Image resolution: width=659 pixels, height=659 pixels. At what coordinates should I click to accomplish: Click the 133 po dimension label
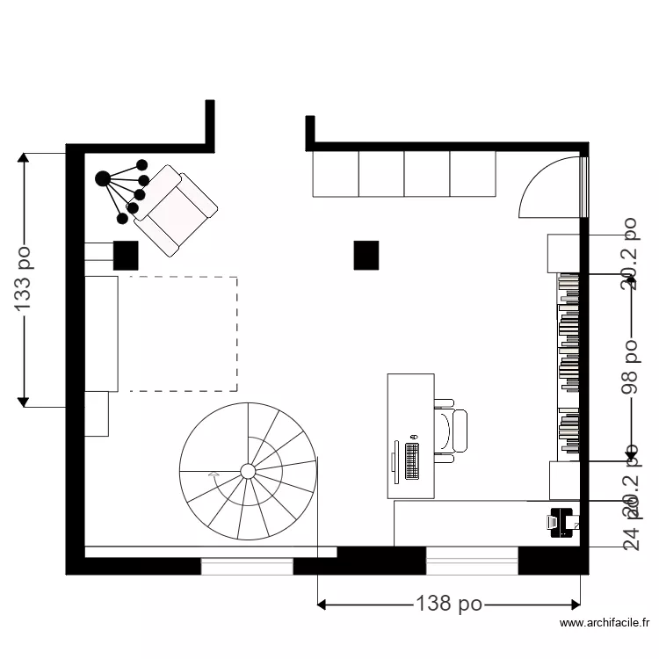pos(25,279)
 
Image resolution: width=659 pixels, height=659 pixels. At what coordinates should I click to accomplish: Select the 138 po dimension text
pos(448,604)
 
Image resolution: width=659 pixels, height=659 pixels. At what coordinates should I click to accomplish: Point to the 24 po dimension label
pos(631,532)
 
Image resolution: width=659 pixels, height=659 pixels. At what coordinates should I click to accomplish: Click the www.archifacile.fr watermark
pos(605,624)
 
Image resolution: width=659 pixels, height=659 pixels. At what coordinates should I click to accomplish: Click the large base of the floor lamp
pos(103,179)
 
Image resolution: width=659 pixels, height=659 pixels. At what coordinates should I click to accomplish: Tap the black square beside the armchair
pos(127,255)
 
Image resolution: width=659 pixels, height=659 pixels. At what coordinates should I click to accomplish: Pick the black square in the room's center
pos(366,255)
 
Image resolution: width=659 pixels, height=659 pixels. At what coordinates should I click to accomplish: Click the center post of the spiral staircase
pos(248,472)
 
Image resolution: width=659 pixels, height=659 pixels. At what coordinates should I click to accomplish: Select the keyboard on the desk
pos(412,460)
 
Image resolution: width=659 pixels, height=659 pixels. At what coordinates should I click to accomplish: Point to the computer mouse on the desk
pos(413,437)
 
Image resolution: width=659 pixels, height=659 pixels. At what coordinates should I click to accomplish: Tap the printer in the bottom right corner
pos(561,522)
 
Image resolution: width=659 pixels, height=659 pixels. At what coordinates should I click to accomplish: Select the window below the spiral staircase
pos(247,566)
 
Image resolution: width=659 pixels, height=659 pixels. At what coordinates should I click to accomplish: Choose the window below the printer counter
pos(472,560)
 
